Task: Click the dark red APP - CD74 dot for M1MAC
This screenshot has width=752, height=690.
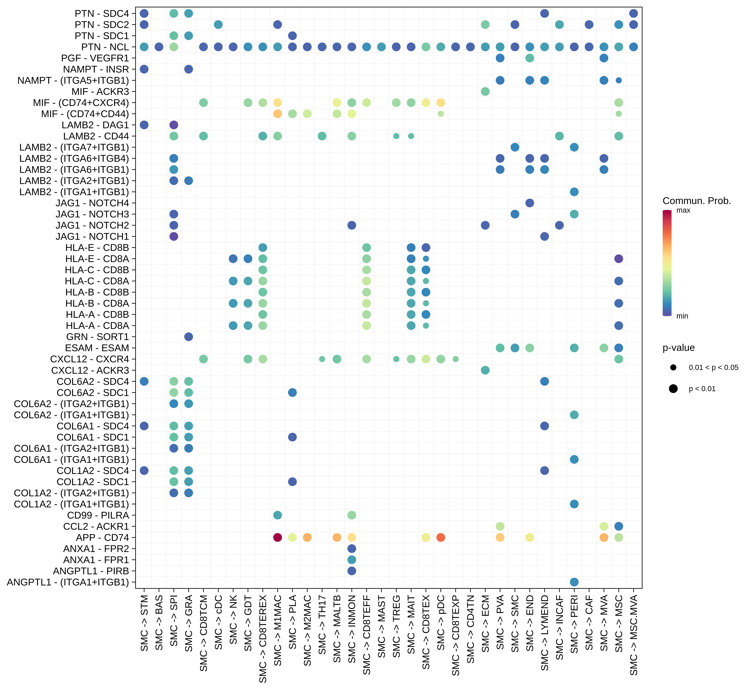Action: [x=277, y=538]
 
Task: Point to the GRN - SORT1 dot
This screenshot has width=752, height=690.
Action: [x=189, y=337]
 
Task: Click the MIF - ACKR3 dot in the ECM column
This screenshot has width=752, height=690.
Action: [x=485, y=91]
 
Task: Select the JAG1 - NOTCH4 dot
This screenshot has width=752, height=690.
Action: [x=529, y=203]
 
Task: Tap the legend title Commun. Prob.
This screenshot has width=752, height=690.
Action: [x=697, y=201]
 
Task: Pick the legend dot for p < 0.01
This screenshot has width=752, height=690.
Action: [x=673, y=389]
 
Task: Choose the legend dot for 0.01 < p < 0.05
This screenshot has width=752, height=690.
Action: [x=673, y=367]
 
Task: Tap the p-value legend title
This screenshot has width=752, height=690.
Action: [x=678, y=348]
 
